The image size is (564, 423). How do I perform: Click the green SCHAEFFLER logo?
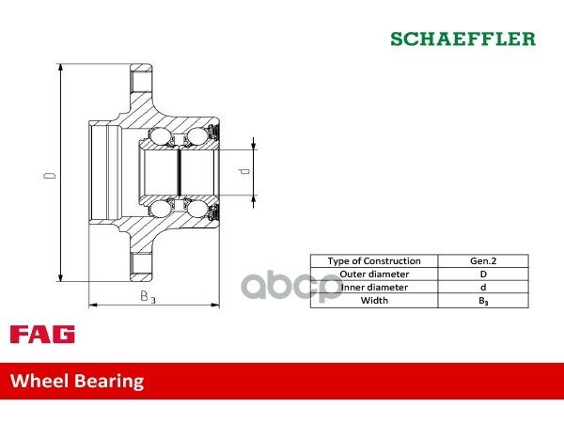[462, 39]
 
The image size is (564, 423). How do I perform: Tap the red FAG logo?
[42, 334]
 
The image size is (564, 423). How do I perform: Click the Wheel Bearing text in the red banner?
[77, 381]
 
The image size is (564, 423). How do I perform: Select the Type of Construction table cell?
[374, 260]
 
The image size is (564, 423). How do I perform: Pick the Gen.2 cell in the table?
[483, 260]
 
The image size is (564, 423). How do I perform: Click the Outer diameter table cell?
[374, 274]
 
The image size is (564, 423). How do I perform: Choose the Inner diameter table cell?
[374, 287]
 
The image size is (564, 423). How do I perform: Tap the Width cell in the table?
[374, 301]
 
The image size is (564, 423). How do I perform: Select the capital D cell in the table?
[483, 274]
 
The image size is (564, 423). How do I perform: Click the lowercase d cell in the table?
[483, 287]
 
